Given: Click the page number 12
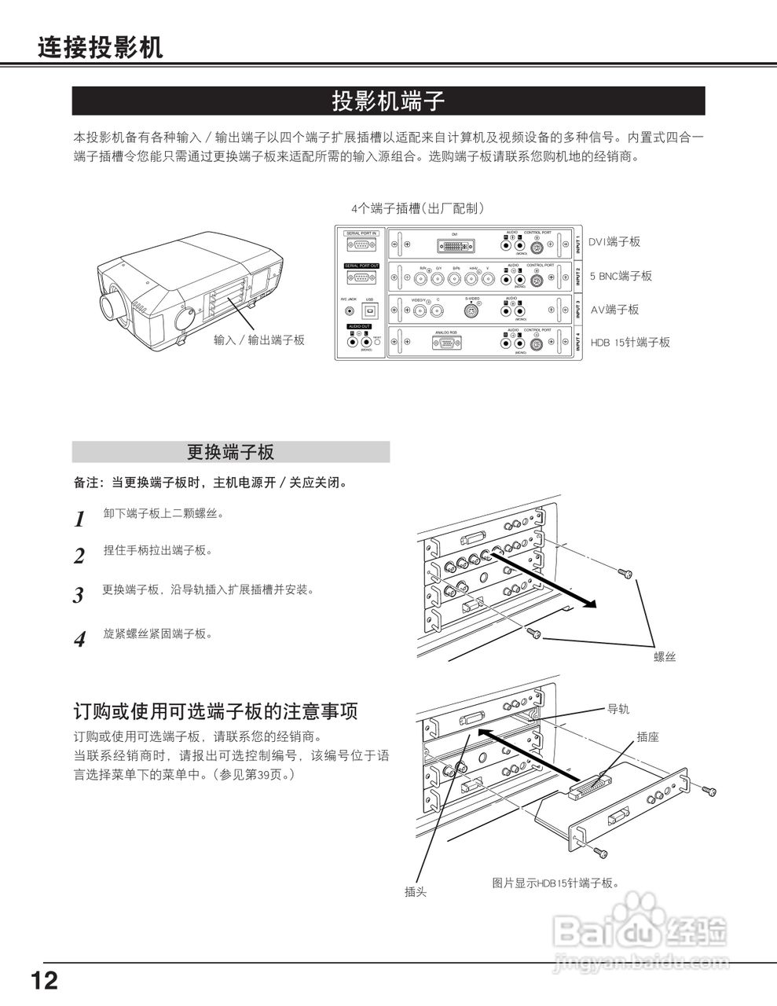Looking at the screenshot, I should coord(45,980).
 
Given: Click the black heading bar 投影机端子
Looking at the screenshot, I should coord(388,101).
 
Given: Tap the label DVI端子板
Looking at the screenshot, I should coord(614,242).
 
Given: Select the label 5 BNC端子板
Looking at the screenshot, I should coord(621,276).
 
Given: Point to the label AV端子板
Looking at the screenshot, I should coord(614,310).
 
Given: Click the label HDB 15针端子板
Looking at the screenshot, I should coord(630,343).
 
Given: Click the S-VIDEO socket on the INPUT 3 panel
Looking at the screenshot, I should coord(471,311).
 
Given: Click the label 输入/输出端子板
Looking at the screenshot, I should coord(259,340).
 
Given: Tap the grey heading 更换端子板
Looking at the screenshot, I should coord(230,452).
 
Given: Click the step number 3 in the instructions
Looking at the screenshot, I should coord(79,595).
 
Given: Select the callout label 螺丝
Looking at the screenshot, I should coord(665,657).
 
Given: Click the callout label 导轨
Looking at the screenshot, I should coord(618,708).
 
